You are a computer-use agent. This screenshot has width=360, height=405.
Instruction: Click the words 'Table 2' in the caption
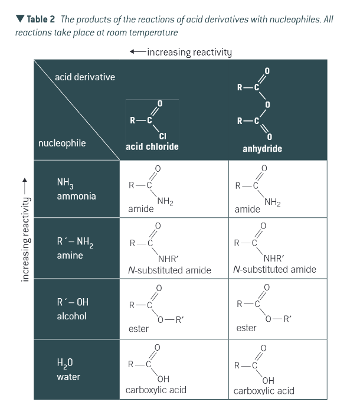click(x=41, y=19)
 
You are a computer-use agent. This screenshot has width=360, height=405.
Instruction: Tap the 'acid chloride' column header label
click(x=152, y=146)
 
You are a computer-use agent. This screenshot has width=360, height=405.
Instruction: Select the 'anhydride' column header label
click(x=262, y=148)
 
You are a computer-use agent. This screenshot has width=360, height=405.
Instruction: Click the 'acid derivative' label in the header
click(x=84, y=77)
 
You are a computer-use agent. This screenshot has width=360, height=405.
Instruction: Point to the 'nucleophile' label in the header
click(x=62, y=143)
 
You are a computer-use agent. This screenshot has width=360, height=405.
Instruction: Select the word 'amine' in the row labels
click(x=70, y=256)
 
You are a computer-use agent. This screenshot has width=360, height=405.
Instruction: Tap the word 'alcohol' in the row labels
click(x=71, y=316)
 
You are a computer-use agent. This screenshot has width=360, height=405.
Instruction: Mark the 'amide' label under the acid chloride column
click(x=140, y=209)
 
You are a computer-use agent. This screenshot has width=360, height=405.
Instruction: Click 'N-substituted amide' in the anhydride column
click(x=274, y=269)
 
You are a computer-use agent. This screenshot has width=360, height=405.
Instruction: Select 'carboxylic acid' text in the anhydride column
click(x=264, y=390)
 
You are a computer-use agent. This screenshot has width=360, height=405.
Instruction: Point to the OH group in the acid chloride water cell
click(x=163, y=378)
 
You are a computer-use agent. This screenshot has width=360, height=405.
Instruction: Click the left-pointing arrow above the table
click(x=137, y=51)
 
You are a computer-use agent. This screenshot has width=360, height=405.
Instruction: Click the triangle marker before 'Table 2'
click(x=20, y=19)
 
